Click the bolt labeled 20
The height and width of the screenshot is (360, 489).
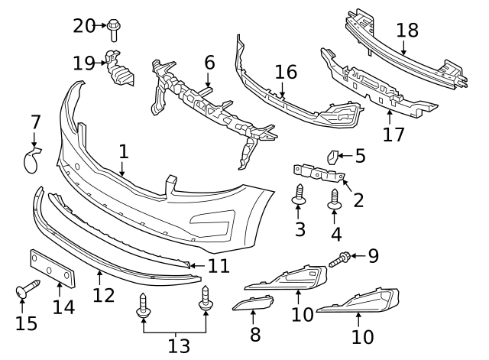coord(115,28)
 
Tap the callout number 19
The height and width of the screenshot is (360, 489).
coord(84,62)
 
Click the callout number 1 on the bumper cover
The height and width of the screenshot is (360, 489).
coord(124,151)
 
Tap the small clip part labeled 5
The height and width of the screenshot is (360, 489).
coord(334,157)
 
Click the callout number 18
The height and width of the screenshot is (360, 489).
coord(407,31)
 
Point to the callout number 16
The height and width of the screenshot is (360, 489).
coord(285,73)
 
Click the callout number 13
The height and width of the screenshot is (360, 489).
coord(178,346)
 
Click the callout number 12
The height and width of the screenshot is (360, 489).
coord(103,294)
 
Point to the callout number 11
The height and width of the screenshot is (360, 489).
coord(219,267)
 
